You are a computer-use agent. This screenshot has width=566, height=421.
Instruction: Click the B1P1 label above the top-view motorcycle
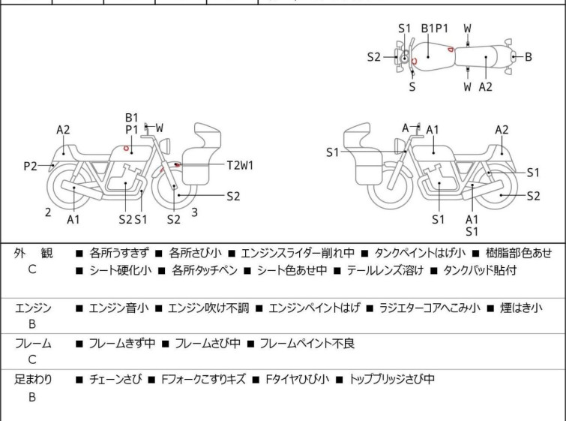pos(434,29)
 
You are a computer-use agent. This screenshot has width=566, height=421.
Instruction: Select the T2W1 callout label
pos(240,165)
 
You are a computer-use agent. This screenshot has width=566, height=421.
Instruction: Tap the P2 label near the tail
pos(30,166)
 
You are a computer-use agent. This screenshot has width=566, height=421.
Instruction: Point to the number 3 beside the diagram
pos(194,212)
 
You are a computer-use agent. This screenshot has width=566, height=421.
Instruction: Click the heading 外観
pos(34,253)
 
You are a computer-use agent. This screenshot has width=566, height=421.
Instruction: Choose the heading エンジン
pos(34,308)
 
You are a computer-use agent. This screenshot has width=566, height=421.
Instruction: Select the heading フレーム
pos(34,344)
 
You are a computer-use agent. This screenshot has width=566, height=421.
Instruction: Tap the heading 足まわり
pos(34,380)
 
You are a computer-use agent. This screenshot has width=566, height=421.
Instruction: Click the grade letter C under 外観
pos(32,270)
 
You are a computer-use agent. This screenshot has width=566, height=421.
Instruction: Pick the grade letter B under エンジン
pos(32,325)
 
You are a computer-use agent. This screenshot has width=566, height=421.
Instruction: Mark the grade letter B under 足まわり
pos(32,398)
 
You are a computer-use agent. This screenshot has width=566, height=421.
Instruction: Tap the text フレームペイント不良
pos(307,344)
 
